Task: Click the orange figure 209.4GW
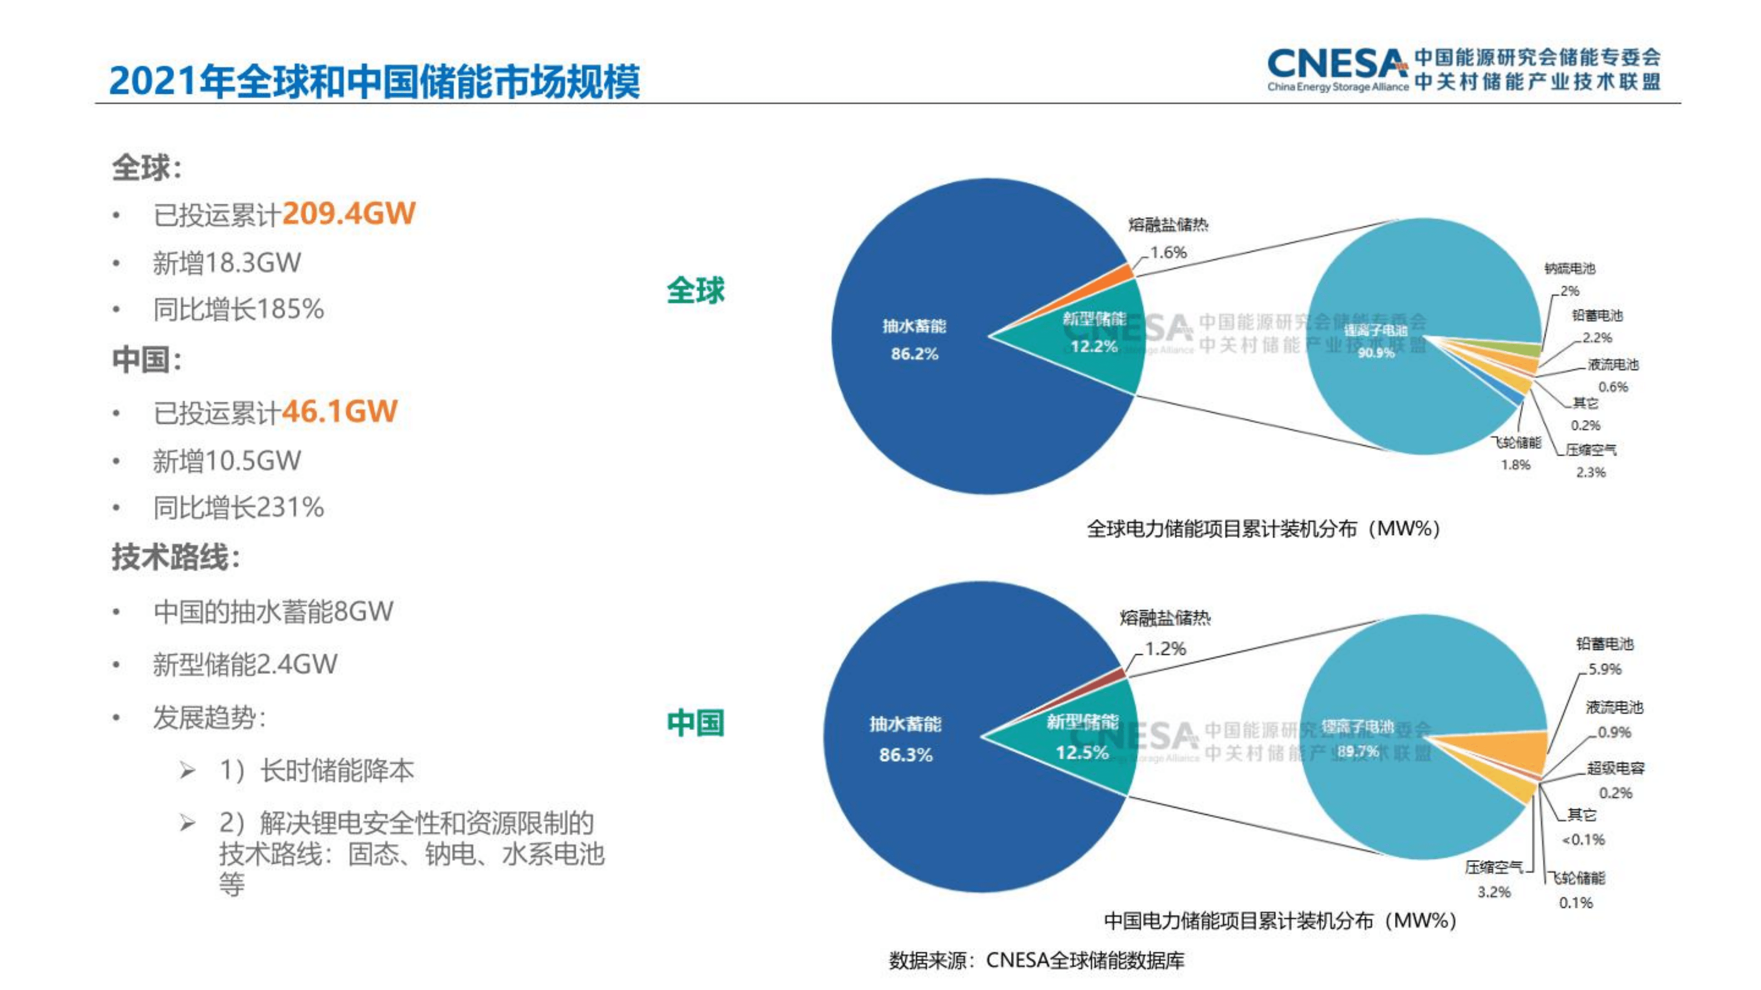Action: tap(349, 214)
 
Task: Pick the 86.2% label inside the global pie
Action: tap(914, 354)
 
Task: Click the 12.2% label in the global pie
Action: tap(1094, 346)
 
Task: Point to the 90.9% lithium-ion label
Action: tap(1375, 353)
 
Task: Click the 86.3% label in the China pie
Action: tap(906, 755)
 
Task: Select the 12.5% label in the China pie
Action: tap(1082, 752)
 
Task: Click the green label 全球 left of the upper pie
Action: tap(695, 290)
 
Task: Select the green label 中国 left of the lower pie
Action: tap(695, 723)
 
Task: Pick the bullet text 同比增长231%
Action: tap(238, 508)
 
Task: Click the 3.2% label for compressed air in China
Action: tap(1494, 891)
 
